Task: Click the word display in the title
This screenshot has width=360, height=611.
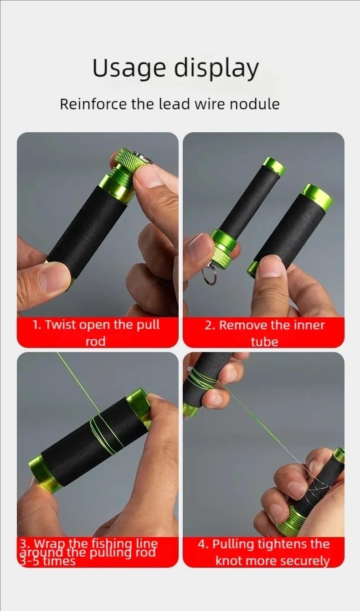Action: tap(216, 68)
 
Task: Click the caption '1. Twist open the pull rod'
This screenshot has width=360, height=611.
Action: tap(96, 333)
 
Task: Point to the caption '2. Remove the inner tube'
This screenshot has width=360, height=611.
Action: tap(264, 333)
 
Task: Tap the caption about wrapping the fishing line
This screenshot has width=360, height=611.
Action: tap(88, 552)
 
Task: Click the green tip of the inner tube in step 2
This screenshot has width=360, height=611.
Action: tap(274, 166)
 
